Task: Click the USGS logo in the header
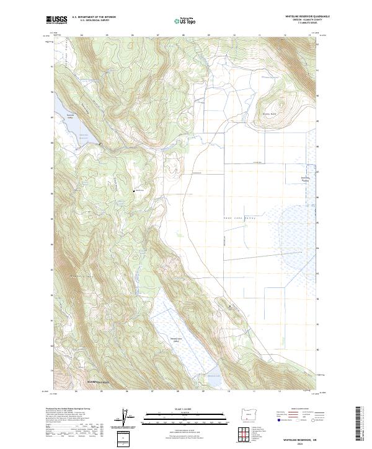click(x=56, y=20)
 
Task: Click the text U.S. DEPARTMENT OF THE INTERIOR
click(x=94, y=17)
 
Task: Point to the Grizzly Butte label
click(x=268, y=113)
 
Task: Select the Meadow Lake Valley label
click(x=177, y=340)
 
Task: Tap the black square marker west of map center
click(x=134, y=191)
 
